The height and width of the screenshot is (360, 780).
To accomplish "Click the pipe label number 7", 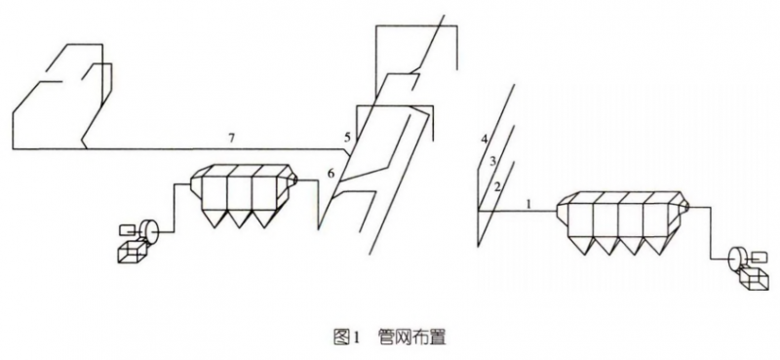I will [x=231, y=140].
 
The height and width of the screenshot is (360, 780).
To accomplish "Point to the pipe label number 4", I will [x=483, y=140].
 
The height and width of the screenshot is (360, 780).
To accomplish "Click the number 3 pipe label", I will [x=492, y=161].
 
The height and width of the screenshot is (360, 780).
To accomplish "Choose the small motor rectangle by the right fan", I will [x=757, y=256].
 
